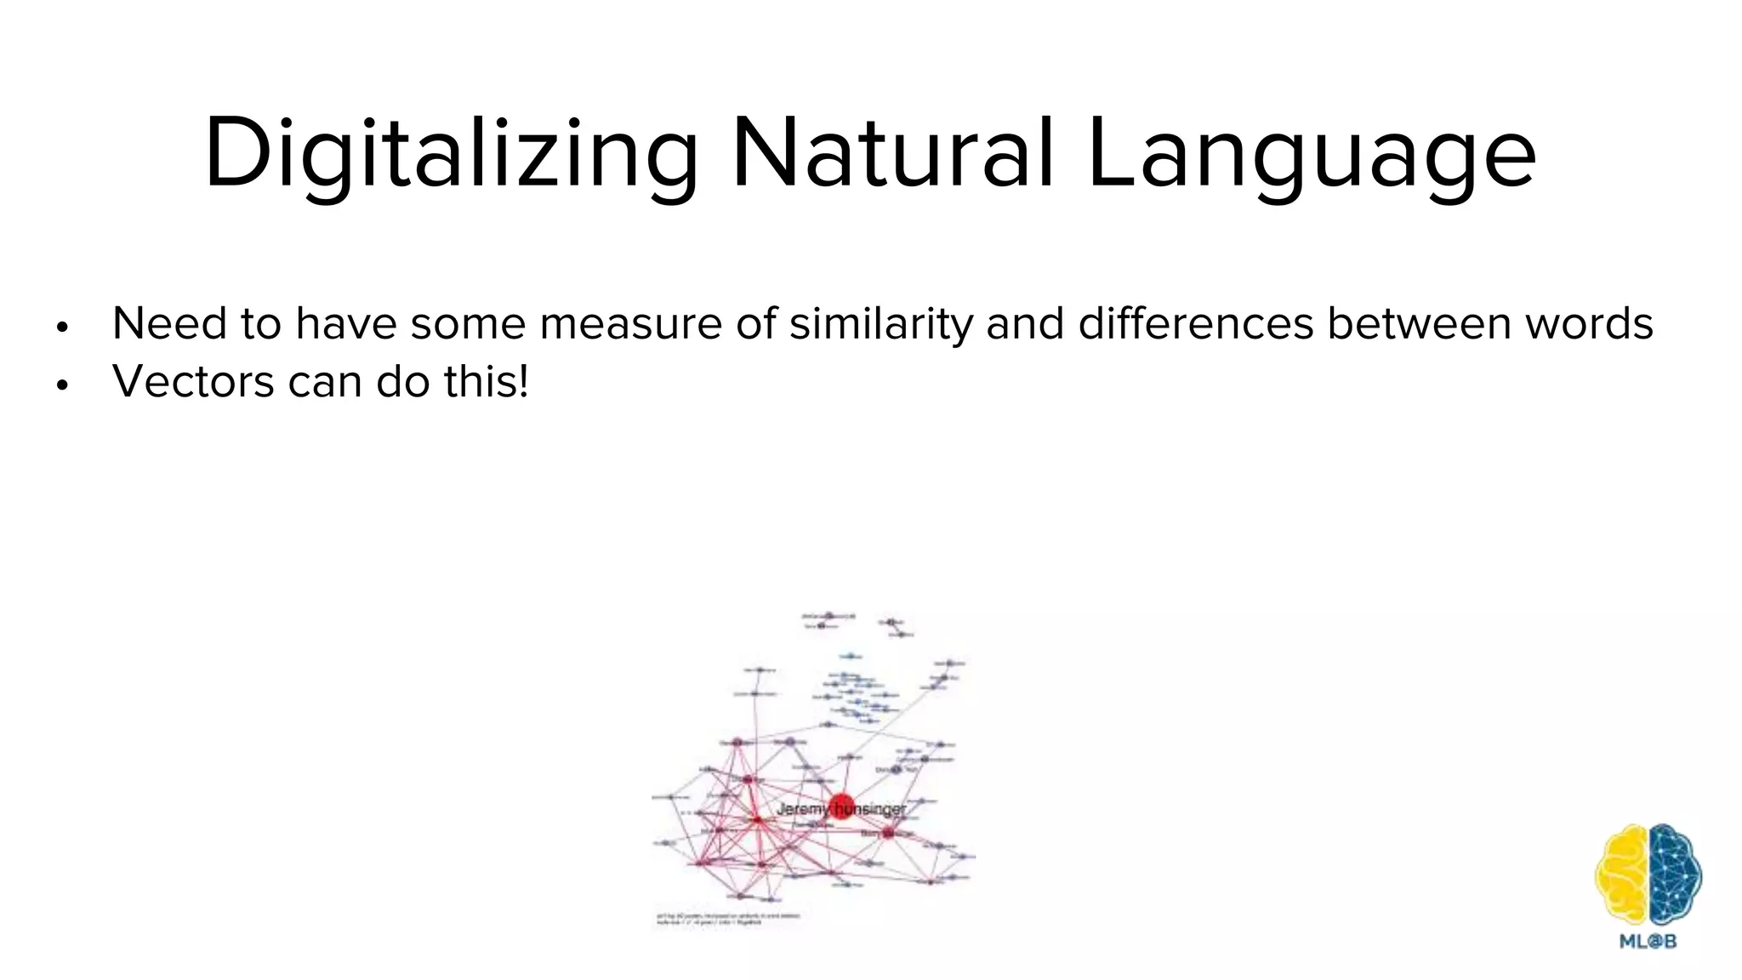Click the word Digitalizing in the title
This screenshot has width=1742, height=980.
[x=450, y=154]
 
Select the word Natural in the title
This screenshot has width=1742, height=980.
[x=892, y=154]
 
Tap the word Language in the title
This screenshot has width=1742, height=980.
[x=1311, y=154]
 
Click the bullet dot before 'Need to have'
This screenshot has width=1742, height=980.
[x=61, y=328]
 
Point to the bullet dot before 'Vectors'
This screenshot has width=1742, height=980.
[x=61, y=385]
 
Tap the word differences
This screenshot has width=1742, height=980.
[x=1196, y=324]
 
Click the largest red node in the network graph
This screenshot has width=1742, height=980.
[x=841, y=805]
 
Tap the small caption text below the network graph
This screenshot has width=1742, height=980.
[x=727, y=920]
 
